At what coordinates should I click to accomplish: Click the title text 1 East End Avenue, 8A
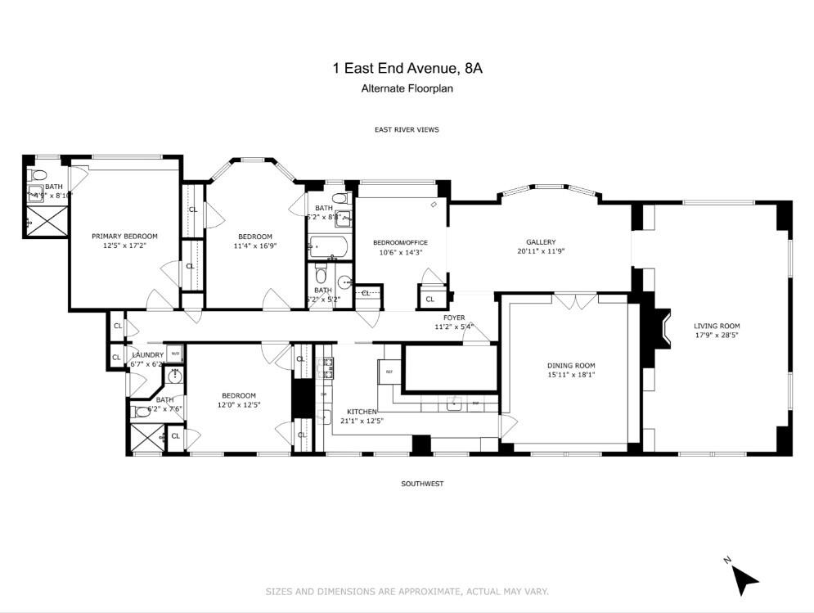click(x=407, y=70)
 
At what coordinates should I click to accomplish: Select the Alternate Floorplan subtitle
click(x=407, y=88)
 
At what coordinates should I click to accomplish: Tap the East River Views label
click(x=407, y=129)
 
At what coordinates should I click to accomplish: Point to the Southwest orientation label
click(x=422, y=484)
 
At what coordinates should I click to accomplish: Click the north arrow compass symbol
click(x=743, y=579)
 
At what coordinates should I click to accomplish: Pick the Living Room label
click(x=717, y=326)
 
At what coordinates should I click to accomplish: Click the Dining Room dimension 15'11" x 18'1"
click(x=570, y=376)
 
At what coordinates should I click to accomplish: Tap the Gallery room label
click(x=541, y=241)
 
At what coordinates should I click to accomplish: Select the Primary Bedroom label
click(x=124, y=236)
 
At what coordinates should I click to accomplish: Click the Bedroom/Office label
click(x=400, y=242)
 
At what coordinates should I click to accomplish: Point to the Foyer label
click(x=454, y=317)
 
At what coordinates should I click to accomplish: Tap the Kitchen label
click(x=361, y=411)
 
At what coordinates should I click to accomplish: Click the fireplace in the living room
click(x=658, y=326)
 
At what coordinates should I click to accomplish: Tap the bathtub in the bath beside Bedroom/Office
click(x=328, y=246)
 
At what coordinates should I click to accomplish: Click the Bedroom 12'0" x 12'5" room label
click(x=239, y=395)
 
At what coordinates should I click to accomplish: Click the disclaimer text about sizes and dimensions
click(x=407, y=591)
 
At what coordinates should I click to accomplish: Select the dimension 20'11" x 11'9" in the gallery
click(x=541, y=251)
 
